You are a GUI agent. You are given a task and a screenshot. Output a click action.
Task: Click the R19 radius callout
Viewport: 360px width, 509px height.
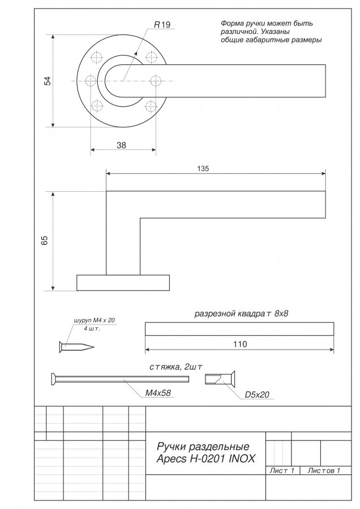click(x=162, y=25)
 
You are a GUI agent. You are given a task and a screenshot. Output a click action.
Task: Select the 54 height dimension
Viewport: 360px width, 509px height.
click(x=48, y=81)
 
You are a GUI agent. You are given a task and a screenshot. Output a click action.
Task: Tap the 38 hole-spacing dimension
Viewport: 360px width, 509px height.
click(x=121, y=145)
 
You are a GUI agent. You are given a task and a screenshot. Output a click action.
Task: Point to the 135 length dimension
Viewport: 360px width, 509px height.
click(x=203, y=169)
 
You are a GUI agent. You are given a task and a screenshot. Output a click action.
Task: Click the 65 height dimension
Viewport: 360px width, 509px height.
click(x=45, y=240)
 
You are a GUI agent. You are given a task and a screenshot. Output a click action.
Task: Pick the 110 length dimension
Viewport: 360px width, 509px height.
click(x=240, y=344)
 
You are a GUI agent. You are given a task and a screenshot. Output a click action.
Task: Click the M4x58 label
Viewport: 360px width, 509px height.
click(x=157, y=393)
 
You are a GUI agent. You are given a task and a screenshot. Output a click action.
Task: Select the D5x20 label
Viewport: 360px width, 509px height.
click(x=257, y=394)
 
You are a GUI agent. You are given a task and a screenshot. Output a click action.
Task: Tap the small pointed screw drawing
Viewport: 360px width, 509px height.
click(x=76, y=347)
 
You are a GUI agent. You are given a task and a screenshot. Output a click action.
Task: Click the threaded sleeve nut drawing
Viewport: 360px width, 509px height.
click(x=220, y=379)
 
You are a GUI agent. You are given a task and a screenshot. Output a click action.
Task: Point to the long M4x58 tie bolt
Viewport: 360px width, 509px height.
click(x=120, y=379)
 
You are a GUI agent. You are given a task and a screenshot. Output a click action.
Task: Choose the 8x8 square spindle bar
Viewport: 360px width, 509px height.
click(x=239, y=329)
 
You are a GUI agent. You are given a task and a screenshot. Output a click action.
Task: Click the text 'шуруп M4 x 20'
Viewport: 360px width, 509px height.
click(x=94, y=321)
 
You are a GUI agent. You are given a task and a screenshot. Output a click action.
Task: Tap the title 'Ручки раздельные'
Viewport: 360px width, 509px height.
click(x=203, y=446)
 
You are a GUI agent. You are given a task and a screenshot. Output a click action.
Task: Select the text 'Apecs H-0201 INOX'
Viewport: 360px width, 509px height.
click(x=205, y=459)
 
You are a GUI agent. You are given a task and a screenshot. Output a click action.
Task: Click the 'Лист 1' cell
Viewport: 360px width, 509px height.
click(x=282, y=471)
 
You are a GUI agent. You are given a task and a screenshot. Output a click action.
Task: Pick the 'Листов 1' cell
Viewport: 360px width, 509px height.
click(x=324, y=471)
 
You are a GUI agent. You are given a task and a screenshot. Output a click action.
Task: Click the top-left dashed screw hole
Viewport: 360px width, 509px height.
click(x=96, y=58)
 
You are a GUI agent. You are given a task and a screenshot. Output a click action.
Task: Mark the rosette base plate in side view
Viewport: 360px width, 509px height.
click(x=123, y=283)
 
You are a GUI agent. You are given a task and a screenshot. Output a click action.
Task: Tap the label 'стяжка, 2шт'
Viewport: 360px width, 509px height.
click(x=176, y=367)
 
